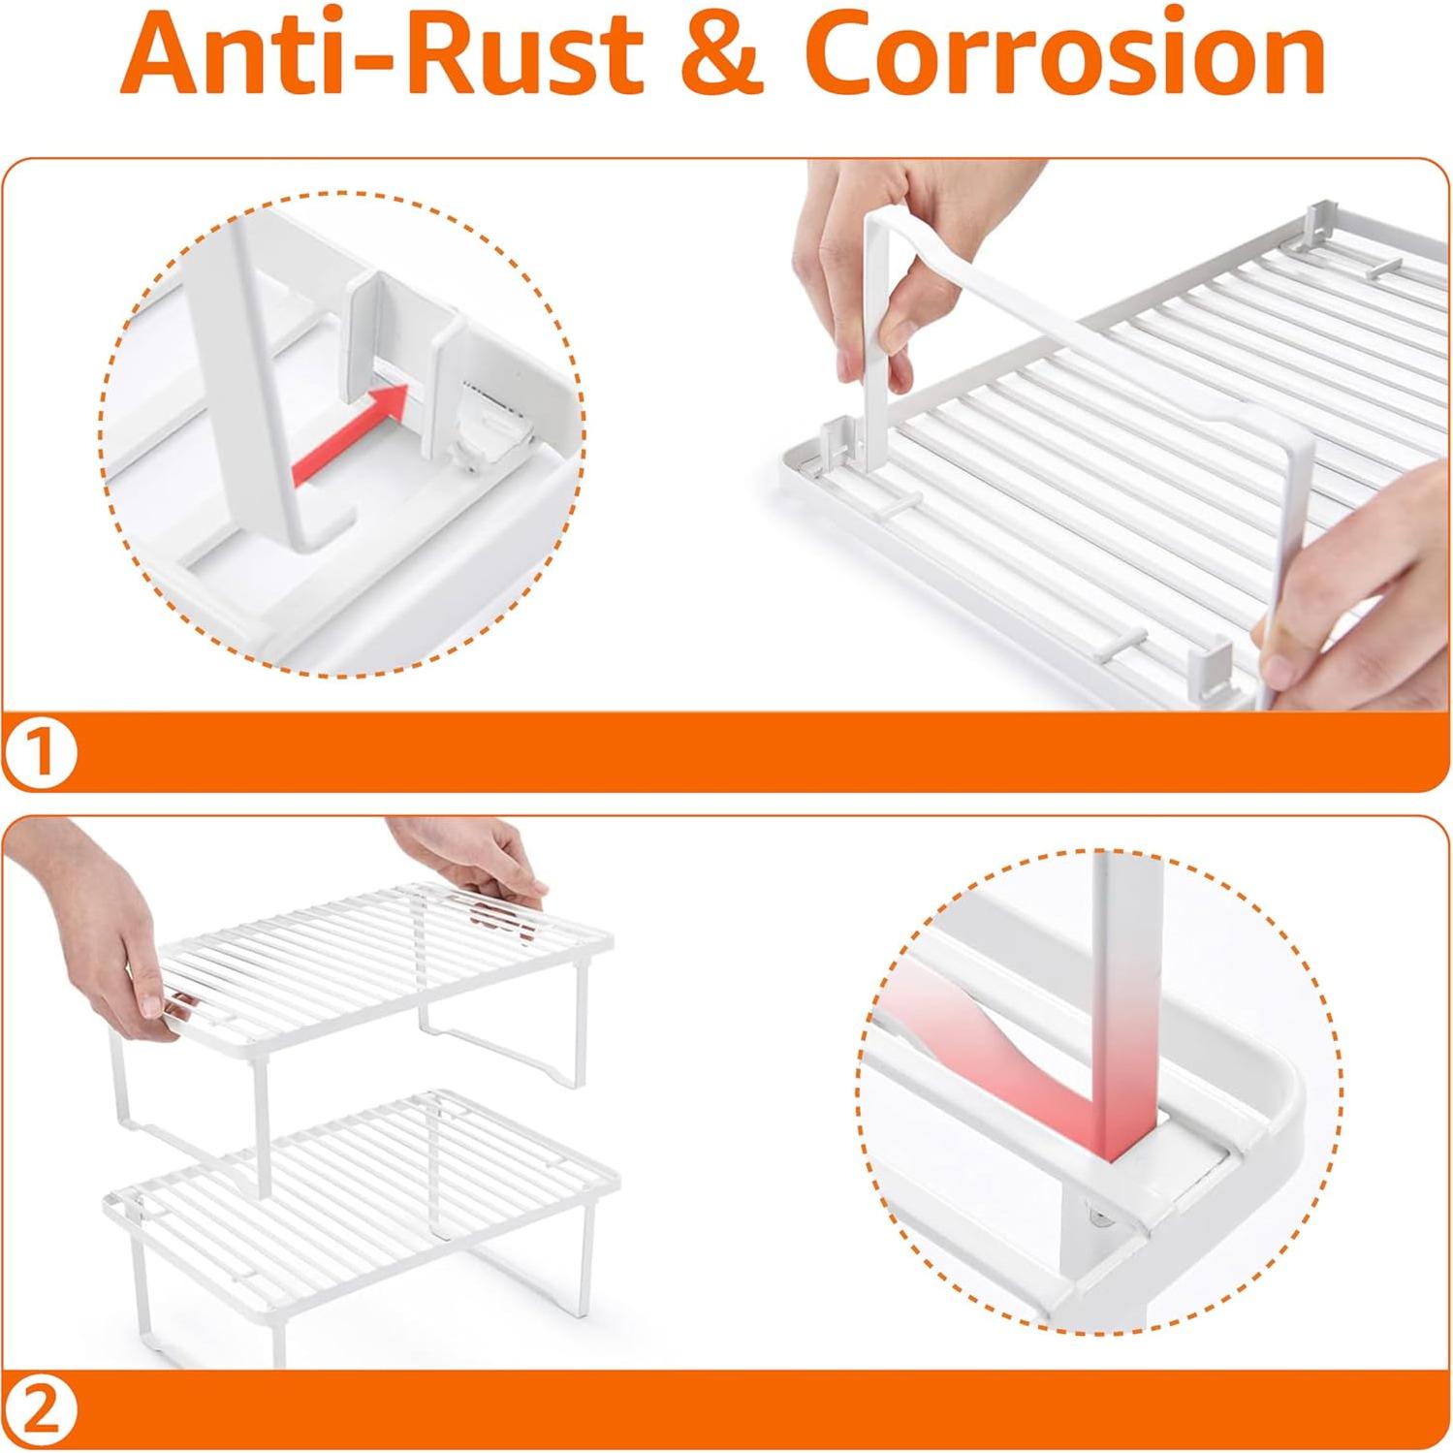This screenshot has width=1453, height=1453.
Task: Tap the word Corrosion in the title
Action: click(1064, 53)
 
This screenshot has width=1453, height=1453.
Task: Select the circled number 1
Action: click(40, 751)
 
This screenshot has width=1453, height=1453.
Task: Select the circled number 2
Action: click(40, 1409)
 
